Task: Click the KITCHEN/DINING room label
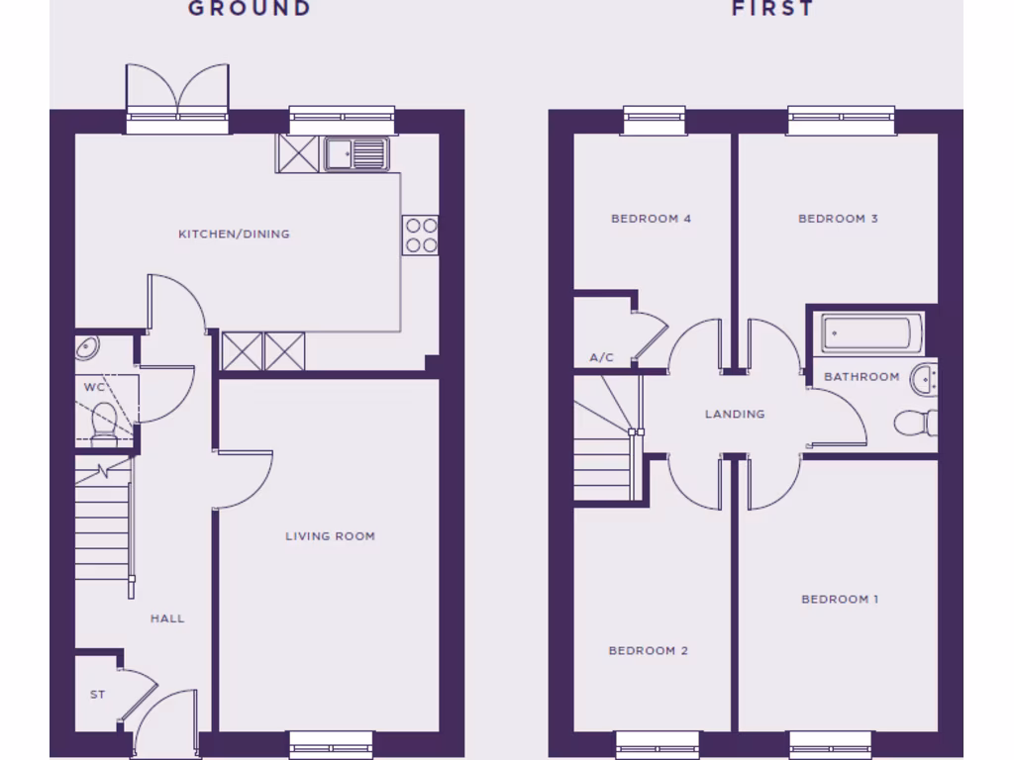pos(234,235)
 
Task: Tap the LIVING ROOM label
pos(330,536)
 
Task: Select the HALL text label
pos(167,618)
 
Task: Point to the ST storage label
pos(97,695)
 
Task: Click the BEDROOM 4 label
pos(651,219)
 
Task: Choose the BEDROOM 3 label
pos(838,219)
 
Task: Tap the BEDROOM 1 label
pos(840,599)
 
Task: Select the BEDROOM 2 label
pos(648,650)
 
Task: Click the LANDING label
pos(735,414)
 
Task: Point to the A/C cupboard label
pos(601,357)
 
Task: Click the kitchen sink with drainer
pos(355,153)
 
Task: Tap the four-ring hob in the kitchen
pos(420,235)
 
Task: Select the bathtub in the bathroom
pos(871,333)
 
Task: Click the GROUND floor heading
pos(250,9)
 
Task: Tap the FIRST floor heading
pos(772,9)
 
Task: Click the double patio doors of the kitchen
pos(177,91)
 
